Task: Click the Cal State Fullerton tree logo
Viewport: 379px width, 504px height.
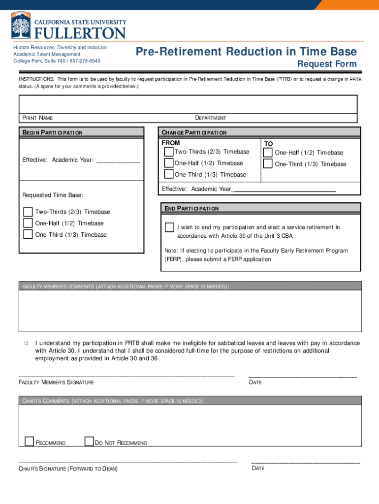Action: point(21,26)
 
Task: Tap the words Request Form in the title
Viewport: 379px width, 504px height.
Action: point(327,64)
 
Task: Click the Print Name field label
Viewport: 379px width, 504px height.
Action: point(37,118)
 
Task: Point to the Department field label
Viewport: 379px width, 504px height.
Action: point(211,118)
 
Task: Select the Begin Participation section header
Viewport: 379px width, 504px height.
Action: point(52,132)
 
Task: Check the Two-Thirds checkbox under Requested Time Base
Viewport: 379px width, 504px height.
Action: point(28,212)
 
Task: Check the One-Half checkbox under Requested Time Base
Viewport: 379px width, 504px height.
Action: point(28,223)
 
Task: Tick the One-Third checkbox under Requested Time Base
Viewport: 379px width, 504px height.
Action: point(28,235)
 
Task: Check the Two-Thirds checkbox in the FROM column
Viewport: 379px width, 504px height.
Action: point(169,152)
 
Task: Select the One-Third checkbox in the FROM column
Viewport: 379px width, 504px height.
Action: point(169,174)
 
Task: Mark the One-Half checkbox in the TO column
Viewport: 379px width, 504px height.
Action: point(268,153)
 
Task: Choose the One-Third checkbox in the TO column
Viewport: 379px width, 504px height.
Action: point(268,164)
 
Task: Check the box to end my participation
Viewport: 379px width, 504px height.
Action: point(169,227)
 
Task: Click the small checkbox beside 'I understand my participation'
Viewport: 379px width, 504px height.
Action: point(26,343)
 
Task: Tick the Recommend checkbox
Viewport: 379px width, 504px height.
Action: point(30,441)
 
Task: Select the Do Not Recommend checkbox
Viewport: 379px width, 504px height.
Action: point(89,441)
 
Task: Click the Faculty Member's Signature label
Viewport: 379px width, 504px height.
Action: point(56,382)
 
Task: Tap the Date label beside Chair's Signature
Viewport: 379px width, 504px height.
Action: point(258,468)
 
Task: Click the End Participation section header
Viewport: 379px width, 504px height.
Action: point(191,209)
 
